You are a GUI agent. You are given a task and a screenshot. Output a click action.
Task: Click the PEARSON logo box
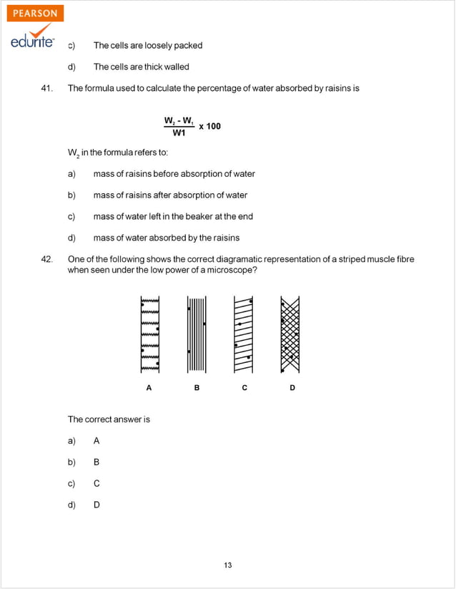tap(35, 14)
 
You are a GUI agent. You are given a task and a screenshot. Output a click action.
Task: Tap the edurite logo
tap(32, 41)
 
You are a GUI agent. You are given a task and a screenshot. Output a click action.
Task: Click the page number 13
tap(227, 565)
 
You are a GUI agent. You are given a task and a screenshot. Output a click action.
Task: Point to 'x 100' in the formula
tap(209, 127)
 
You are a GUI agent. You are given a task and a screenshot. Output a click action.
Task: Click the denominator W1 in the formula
tap(179, 133)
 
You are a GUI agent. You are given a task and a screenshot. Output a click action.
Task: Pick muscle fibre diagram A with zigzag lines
tap(149, 334)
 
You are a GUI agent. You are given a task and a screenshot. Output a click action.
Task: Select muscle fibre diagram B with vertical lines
tap(197, 334)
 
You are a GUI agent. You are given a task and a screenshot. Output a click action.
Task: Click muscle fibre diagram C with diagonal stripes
tap(244, 334)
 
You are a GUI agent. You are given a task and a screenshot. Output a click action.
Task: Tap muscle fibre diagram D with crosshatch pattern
tap(290, 334)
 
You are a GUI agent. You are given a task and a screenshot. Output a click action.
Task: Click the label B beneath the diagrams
tap(197, 388)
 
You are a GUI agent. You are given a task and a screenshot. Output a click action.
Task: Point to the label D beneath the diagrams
tap(292, 388)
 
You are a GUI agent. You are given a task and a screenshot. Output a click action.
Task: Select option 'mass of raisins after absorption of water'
tap(170, 195)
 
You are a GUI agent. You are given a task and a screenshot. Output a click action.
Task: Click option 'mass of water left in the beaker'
tap(173, 216)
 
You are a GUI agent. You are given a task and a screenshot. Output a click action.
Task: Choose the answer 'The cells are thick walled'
tap(142, 67)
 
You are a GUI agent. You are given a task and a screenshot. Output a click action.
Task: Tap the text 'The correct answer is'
tap(109, 419)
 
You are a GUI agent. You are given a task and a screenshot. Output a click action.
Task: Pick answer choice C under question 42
tap(96, 483)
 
